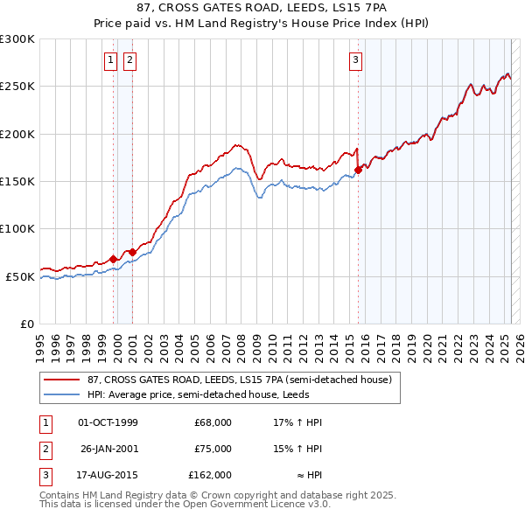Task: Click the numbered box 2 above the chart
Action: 129,60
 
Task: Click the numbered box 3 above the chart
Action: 356,60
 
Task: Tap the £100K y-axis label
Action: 17,228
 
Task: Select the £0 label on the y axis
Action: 26,324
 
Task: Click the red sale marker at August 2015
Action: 358,170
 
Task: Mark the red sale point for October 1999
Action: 114,259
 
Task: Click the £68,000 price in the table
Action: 213,422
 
